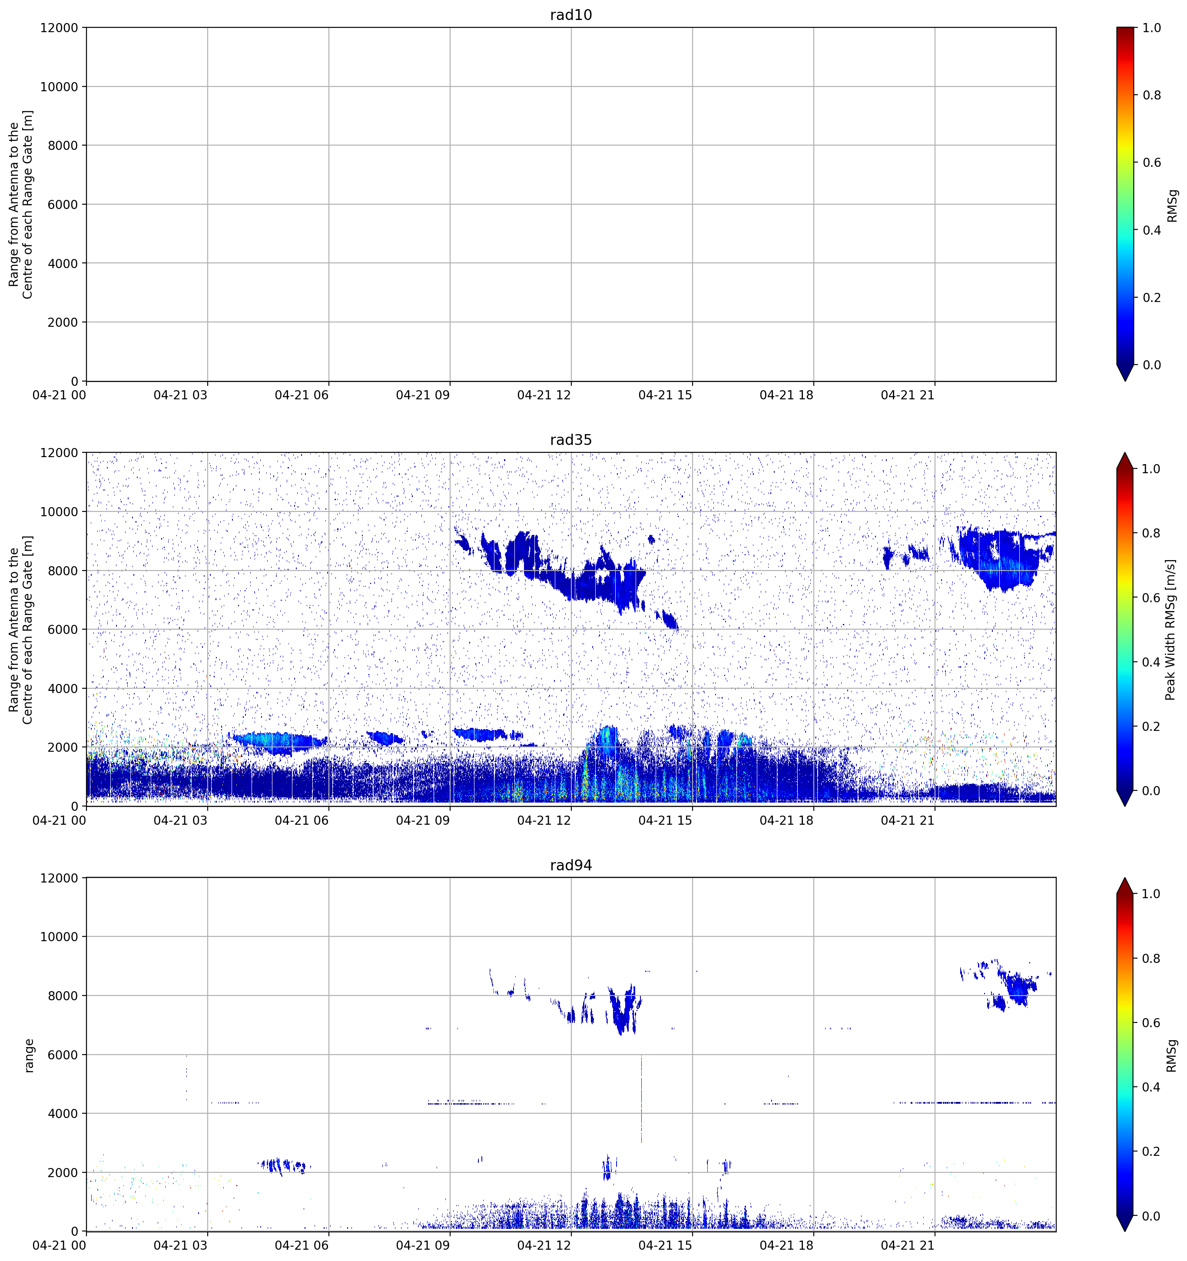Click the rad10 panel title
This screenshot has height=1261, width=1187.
coord(570,15)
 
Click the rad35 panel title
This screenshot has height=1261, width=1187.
coord(570,440)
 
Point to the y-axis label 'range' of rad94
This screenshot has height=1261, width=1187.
coord(29,1055)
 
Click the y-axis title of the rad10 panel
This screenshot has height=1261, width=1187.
coord(21,204)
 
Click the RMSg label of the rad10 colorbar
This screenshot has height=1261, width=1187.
coord(1172,206)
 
